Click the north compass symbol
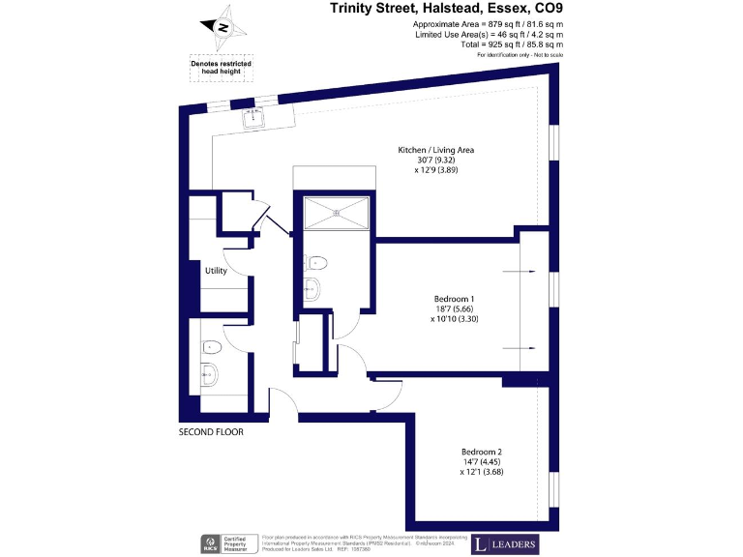pyautogui.click(x=222, y=28)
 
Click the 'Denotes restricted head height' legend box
pyautogui.click(x=221, y=67)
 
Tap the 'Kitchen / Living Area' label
pyautogui.click(x=435, y=150)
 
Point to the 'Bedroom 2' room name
pyautogui.click(x=481, y=452)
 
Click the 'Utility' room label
pyautogui.click(x=215, y=271)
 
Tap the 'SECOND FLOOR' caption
pyautogui.click(x=211, y=432)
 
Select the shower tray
pyautogui.click(x=337, y=213)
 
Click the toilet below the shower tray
pyautogui.click(x=316, y=261)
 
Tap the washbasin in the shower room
pyautogui.click(x=312, y=287)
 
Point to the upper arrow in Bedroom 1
pyautogui.click(x=527, y=271)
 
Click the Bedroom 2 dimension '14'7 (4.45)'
pyautogui.click(x=481, y=462)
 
